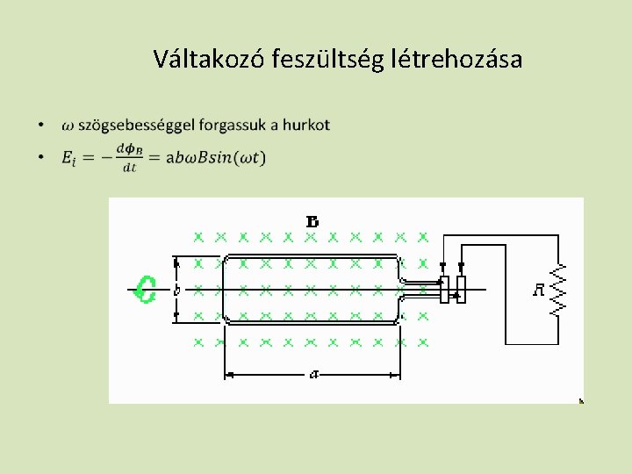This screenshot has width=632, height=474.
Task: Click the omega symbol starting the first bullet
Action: [x=68, y=126]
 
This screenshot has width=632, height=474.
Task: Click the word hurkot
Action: [x=306, y=125]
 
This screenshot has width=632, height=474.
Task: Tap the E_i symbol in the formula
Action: [x=69, y=158]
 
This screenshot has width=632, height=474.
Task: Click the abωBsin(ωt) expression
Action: [x=212, y=158]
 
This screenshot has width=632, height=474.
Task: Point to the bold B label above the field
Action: [x=311, y=219]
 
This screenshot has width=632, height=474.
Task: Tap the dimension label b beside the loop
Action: [x=176, y=289]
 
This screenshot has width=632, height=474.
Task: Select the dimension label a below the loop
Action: [x=313, y=375]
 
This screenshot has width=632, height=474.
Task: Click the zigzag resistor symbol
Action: [x=558, y=290]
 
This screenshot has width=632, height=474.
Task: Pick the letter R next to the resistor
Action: [x=539, y=290]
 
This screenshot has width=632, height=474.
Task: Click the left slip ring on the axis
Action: [x=444, y=288]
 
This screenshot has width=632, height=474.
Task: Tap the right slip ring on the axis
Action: [x=462, y=288]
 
